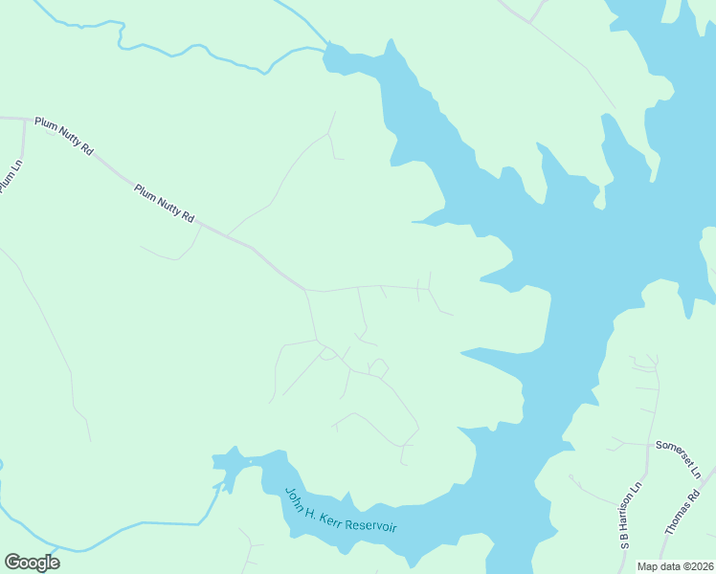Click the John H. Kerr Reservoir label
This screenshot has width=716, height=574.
pyautogui.click(x=340, y=511)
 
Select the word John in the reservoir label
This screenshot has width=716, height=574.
pyautogui.click(x=294, y=496)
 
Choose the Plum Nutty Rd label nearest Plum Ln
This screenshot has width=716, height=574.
pyautogui.click(x=63, y=136)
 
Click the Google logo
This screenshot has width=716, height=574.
pyautogui.click(x=32, y=563)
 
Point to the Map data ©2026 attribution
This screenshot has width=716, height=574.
pyautogui.click(x=674, y=565)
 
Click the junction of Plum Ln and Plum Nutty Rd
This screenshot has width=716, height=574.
pyautogui.click(x=24, y=120)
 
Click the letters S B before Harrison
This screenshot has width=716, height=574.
pyautogui.click(x=624, y=541)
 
